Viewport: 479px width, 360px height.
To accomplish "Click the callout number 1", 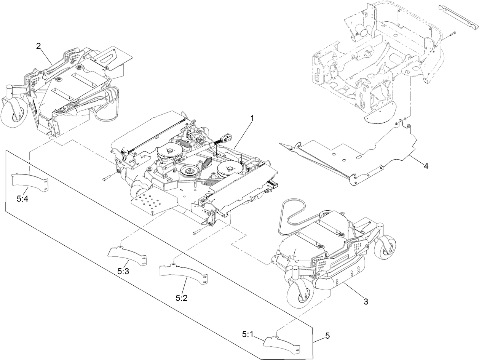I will pos(252,118).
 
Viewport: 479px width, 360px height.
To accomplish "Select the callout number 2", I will pos(38,46).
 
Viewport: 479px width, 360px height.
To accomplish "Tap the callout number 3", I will pos(366,302).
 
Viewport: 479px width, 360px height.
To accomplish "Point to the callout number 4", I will pos(426,166).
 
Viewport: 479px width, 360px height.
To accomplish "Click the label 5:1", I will pos(247,334).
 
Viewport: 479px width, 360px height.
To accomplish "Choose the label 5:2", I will pos(182,298).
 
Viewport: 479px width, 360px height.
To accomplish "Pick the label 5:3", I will pos(123,271).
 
